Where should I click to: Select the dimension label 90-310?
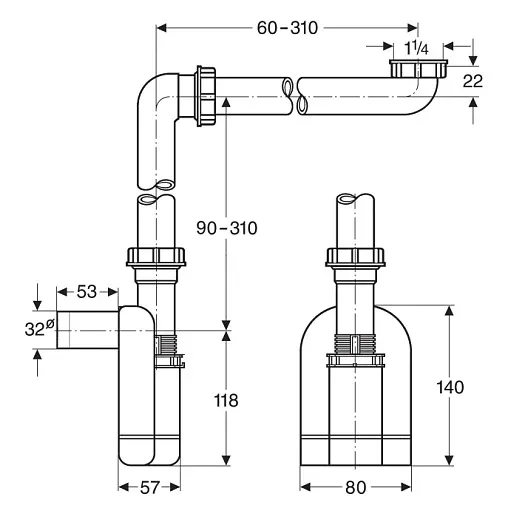(228, 228)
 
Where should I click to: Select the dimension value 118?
(227, 400)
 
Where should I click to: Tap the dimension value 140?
(450, 388)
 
